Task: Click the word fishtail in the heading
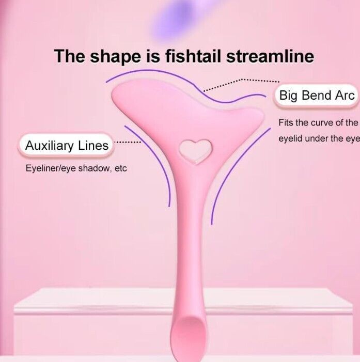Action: (x=193, y=56)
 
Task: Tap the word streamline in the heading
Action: (x=270, y=56)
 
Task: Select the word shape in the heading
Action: (x=115, y=57)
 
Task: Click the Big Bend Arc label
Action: (x=317, y=96)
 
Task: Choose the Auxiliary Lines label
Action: (x=67, y=146)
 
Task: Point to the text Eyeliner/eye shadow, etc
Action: (x=76, y=168)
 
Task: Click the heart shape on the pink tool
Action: (x=196, y=151)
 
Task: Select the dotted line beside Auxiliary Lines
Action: (x=128, y=142)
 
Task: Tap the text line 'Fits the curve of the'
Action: (x=318, y=122)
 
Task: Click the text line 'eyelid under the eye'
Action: (x=319, y=138)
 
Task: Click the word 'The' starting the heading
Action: (x=69, y=56)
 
